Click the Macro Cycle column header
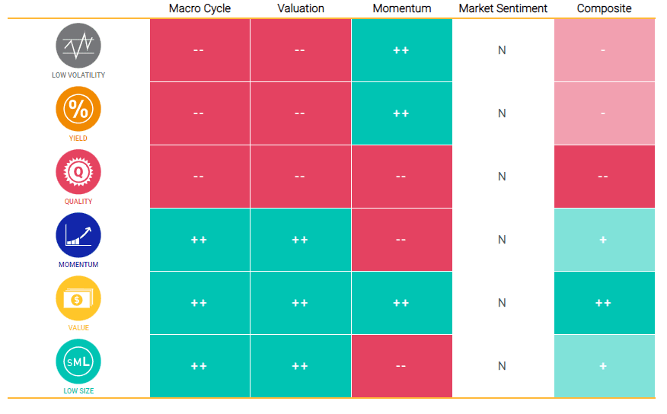199,8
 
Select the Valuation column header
300,8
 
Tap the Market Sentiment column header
503,8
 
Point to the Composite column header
604,8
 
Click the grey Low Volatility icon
78,46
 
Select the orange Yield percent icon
78,109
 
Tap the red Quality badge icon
78,172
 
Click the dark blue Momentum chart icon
78,235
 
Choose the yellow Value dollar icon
78,298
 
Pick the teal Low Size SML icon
78,361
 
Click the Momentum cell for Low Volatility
401,50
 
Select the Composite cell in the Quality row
604,177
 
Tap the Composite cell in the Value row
604,303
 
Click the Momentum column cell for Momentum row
401,240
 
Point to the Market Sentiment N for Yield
502,113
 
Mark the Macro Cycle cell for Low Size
199,366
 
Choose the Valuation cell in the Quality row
300,177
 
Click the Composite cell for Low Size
604,366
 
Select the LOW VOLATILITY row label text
78,75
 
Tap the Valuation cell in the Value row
300,303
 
